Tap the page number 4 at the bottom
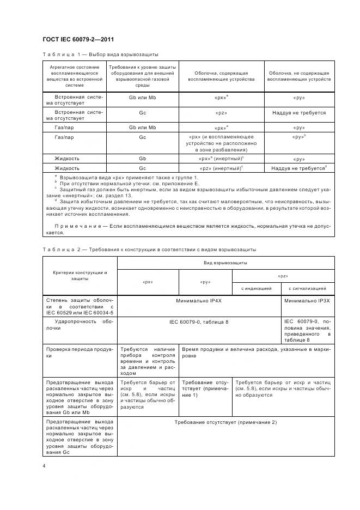coord(44,466)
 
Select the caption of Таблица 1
coord(100,55)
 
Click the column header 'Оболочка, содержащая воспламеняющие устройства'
coord(221,76)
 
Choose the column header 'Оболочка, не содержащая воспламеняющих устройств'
coord(299,76)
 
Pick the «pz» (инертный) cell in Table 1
coord(221,168)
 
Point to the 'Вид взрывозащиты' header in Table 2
coord(226,263)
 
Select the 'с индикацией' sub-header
coord(257,288)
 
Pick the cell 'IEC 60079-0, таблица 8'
coord(199,322)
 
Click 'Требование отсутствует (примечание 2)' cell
coord(226,422)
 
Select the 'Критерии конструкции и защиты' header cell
coord(80,275)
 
